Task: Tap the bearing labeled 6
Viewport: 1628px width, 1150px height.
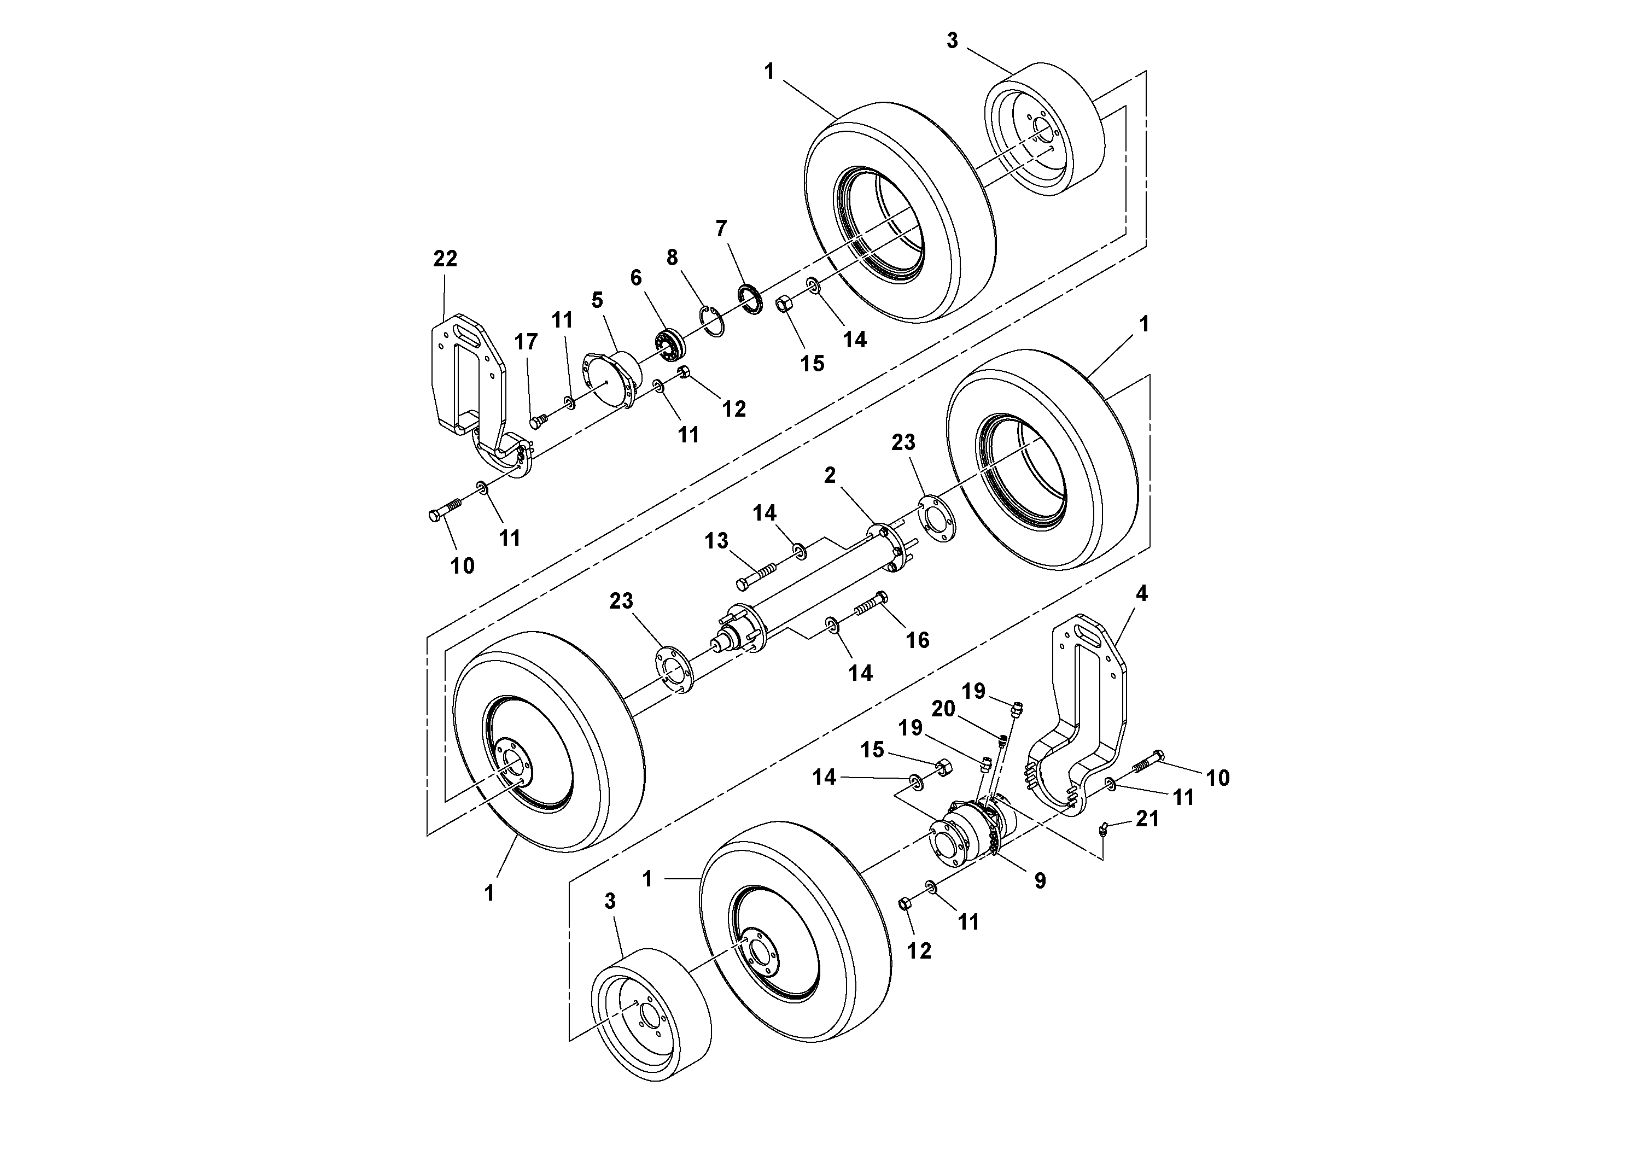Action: click(669, 343)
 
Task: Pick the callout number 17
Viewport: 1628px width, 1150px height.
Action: click(526, 342)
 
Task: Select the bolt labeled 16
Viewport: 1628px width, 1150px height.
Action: click(867, 604)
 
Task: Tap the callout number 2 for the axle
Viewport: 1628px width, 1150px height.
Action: click(830, 476)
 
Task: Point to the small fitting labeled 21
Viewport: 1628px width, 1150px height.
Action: click(1104, 829)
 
